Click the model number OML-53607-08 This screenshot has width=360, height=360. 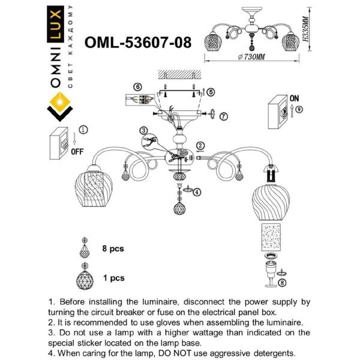pyautogui.click(x=139, y=43)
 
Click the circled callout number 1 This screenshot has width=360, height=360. pyautogui.click(x=83, y=129)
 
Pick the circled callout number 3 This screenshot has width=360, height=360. pyautogui.click(x=143, y=130)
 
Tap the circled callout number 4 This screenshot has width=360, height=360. pyautogui.click(x=197, y=192)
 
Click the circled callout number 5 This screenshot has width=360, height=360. pyautogui.click(x=211, y=91)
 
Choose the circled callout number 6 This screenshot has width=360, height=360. pyautogui.click(x=137, y=87)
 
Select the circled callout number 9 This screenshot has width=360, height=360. pyautogui.click(x=300, y=109)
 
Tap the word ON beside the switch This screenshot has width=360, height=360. pyautogui.click(x=295, y=97)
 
